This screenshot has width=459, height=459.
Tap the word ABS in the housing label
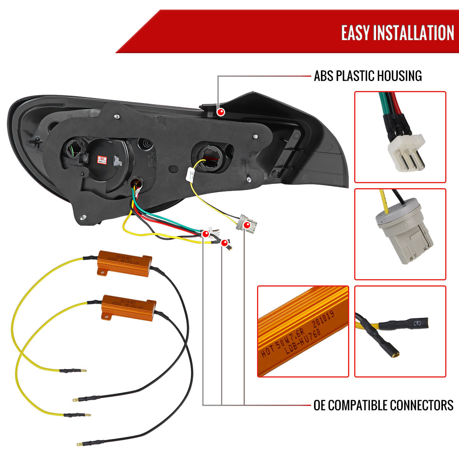click(324, 76)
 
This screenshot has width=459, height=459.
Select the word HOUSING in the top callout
click(400, 76)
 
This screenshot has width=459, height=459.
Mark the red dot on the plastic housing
click(221, 112)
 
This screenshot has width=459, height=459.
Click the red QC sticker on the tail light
click(102, 158)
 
